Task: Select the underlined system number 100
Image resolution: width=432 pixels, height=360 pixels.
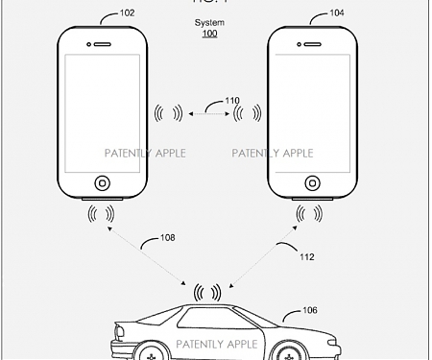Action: (209, 34)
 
